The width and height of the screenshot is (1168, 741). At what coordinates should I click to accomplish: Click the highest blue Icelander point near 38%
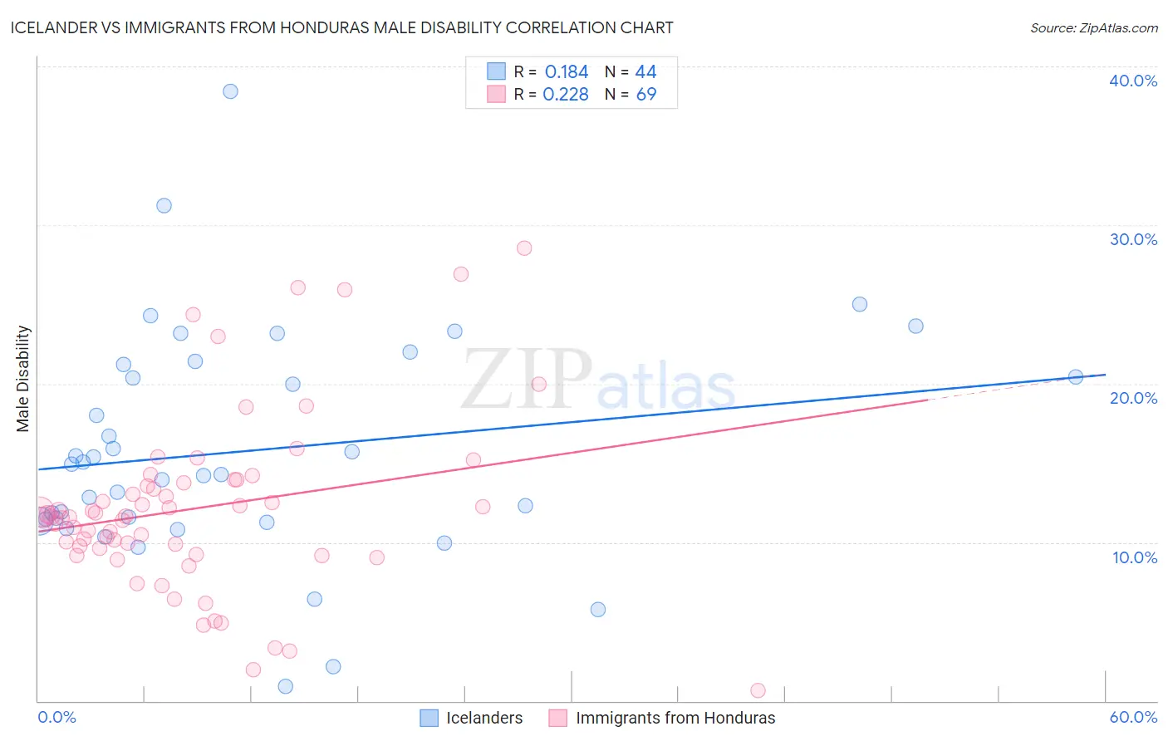[230, 91]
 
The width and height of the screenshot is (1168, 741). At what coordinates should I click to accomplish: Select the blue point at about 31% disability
[164, 205]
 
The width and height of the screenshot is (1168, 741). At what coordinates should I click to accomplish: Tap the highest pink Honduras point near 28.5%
[524, 248]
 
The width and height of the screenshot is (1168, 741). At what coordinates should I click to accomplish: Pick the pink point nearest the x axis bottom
[758, 690]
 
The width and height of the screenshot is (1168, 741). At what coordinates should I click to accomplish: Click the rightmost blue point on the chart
[1076, 376]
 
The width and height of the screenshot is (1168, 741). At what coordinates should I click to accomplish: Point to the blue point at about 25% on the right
[860, 304]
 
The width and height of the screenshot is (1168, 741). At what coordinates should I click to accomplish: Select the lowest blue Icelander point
[285, 686]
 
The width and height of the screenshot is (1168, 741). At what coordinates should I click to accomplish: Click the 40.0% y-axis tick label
[1133, 81]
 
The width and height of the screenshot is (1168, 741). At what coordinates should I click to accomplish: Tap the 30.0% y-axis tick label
[1133, 239]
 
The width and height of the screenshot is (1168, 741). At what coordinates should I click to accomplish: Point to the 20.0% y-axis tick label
[1133, 398]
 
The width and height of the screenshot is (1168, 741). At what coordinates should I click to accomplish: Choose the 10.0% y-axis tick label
[1133, 557]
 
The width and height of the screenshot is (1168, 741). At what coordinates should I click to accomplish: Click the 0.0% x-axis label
[56, 717]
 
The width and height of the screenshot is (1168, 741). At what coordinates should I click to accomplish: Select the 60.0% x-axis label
[1133, 717]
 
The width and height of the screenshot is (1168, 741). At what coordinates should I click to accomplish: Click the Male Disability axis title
[22, 379]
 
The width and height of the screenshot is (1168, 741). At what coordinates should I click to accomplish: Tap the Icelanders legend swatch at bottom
[429, 718]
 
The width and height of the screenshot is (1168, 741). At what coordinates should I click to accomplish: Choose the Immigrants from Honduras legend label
[675, 718]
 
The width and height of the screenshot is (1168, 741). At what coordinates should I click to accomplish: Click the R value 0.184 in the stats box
[567, 72]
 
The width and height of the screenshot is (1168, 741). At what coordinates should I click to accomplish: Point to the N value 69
[646, 95]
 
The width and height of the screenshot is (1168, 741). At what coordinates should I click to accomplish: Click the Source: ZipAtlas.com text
[1093, 28]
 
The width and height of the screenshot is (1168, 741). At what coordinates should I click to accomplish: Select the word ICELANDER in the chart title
[51, 27]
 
